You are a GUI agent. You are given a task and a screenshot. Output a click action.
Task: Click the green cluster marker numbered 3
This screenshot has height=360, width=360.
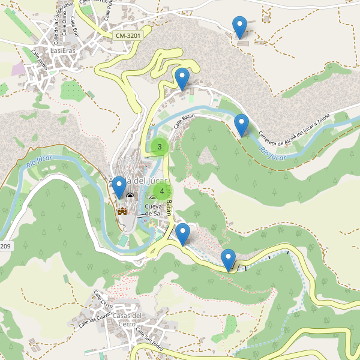pyautogui.click(x=159, y=146)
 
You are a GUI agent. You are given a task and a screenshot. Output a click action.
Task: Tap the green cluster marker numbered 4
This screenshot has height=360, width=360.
pyautogui.click(x=161, y=191)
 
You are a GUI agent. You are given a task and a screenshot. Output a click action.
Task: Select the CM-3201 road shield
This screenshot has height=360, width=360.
pyautogui.click(x=128, y=36)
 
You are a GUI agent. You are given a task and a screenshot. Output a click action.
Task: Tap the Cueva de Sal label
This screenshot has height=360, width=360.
pyautogui.click(x=154, y=210)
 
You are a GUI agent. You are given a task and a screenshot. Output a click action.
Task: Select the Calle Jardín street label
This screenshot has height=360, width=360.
pyautogui.click(x=39, y=60)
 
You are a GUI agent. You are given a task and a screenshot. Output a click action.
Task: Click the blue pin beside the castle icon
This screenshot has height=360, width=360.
pyautogui.click(x=119, y=187)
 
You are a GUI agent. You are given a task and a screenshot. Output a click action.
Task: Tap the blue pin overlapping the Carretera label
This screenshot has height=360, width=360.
pyautogui.click(x=241, y=124)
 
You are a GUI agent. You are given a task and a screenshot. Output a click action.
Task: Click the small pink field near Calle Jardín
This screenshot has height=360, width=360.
pyautogui.click(x=19, y=69)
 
